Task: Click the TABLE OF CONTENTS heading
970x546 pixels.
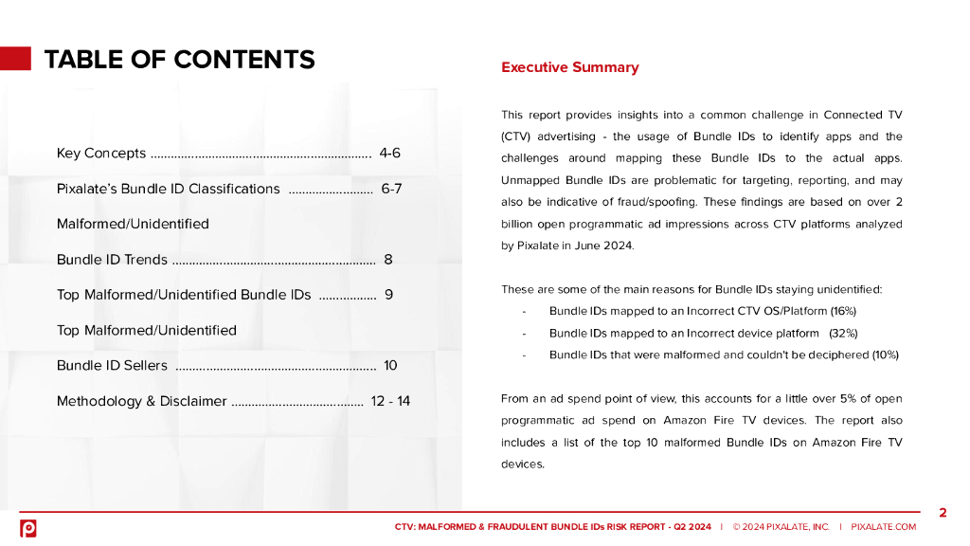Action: pos(179,60)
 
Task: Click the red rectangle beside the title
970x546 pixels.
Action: pos(15,59)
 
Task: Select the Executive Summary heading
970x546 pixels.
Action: pos(569,67)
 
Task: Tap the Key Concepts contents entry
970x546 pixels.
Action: pos(101,153)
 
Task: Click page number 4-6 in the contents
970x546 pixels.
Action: pos(389,153)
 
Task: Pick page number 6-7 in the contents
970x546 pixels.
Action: pos(391,189)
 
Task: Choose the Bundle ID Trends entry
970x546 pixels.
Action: pos(112,260)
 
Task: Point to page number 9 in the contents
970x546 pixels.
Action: pos(388,295)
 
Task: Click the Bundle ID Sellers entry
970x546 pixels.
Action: pos(112,366)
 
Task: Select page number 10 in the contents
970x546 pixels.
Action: pos(390,366)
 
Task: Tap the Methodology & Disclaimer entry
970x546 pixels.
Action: pos(141,401)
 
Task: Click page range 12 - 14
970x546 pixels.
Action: pos(390,401)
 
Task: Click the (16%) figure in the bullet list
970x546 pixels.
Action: pos(843,311)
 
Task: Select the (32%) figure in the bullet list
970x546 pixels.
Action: pos(843,333)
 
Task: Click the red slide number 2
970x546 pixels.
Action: pos(943,513)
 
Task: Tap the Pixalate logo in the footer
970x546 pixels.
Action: pos(28,528)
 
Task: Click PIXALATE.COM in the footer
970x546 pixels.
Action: pos(883,527)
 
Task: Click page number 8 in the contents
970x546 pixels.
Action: pos(388,260)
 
